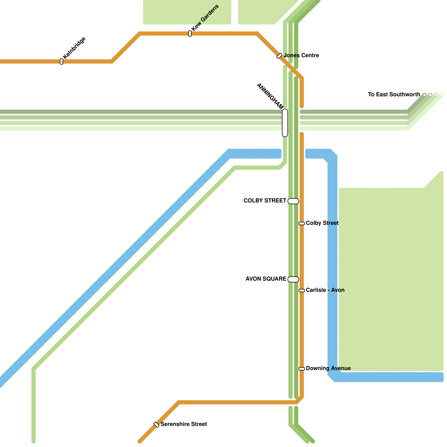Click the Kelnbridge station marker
[61, 61]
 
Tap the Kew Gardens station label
[205, 18]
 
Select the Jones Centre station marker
[279, 56]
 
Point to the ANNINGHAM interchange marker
[285, 123]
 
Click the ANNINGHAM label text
[270, 96]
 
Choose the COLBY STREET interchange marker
[293, 201]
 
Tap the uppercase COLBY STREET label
[265, 201]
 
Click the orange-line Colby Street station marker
[302, 223]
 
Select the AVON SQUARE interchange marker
[293, 279]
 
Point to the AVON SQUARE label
[266, 279]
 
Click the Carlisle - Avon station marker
[302, 291]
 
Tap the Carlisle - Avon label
[325, 290]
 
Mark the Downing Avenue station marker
[302, 369]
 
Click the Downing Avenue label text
[328, 368]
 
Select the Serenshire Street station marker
[156, 425]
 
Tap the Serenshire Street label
[184, 424]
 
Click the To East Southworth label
[394, 95]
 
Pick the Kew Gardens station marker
[190, 34]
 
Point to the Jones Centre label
[301, 56]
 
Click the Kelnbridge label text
[74, 48]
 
